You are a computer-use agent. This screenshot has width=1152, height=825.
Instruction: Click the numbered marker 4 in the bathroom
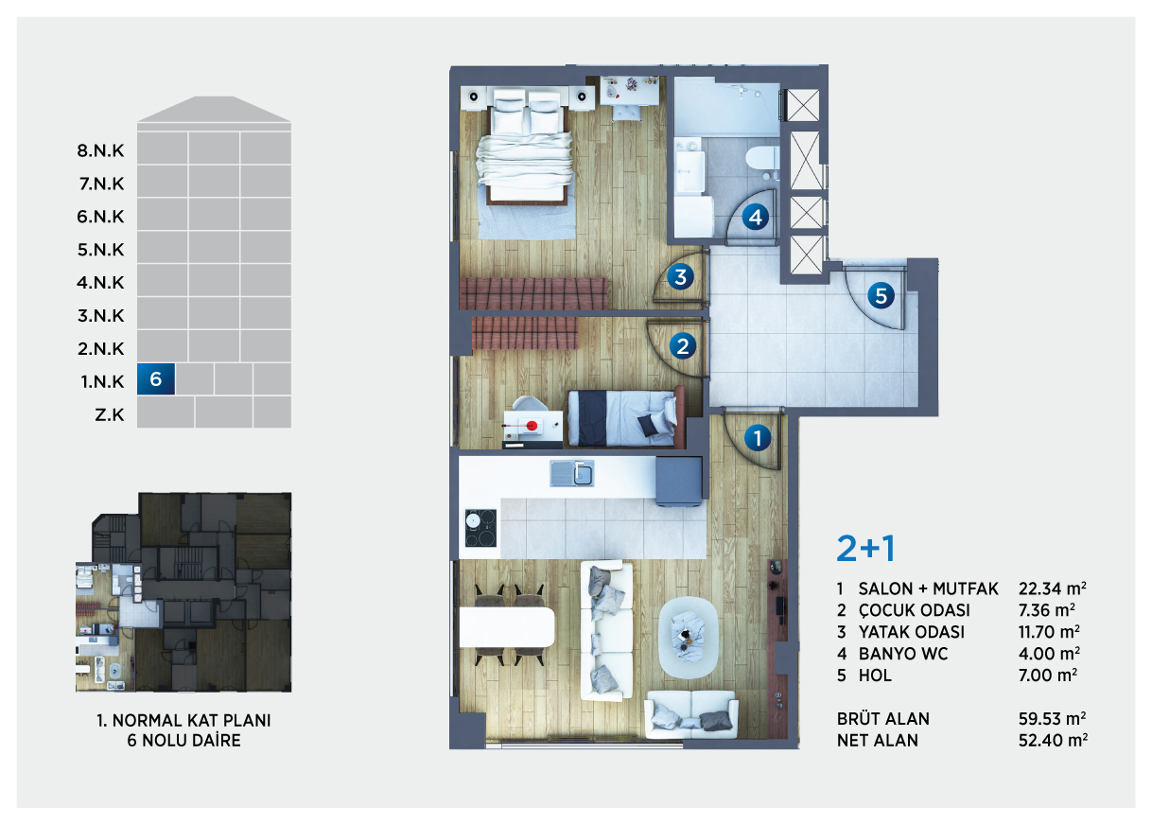coord(755,217)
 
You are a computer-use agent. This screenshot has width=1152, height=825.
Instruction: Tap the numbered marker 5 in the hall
coord(881,296)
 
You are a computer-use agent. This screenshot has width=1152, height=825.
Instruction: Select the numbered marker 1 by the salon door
coord(757,438)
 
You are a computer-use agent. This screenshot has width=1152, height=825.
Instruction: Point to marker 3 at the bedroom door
coord(680,276)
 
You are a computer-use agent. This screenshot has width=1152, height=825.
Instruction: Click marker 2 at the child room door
coord(683,345)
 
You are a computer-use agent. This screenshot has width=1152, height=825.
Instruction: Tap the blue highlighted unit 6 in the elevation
coord(156,379)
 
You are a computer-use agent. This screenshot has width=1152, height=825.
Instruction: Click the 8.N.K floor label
coord(101,150)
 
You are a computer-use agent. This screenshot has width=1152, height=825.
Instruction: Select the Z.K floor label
coord(110,414)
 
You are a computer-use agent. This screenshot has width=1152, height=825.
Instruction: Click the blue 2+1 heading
coord(866,549)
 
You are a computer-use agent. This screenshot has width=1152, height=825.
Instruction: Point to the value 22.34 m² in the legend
coord(1053,588)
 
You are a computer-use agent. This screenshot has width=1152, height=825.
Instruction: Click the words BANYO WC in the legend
coord(903,653)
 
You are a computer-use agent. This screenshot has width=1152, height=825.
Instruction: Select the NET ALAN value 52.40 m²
coord(1053,740)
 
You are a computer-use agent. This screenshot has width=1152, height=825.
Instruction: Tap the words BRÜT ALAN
coord(883,718)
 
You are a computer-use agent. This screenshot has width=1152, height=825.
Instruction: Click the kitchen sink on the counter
coord(572,473)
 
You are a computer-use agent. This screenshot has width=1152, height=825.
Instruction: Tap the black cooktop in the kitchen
coord(480,528)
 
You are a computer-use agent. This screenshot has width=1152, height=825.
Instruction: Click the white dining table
coord(507,627)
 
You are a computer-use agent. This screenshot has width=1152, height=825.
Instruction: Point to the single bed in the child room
coord(626,417)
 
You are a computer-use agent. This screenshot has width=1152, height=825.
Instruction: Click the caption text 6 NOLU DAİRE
coord(184,740)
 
